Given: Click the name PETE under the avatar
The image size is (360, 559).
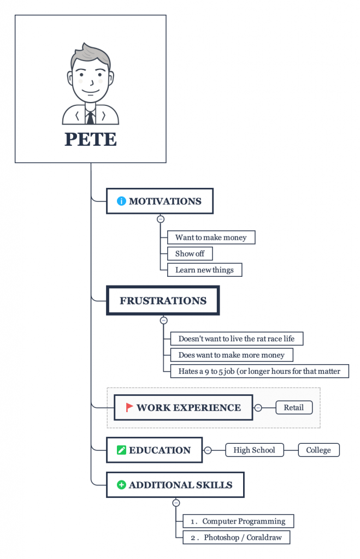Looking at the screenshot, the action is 90,139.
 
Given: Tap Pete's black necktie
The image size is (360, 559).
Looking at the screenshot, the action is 90,117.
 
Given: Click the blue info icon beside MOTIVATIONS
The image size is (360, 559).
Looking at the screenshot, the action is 121,201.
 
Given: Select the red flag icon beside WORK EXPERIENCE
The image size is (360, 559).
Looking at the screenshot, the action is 129,407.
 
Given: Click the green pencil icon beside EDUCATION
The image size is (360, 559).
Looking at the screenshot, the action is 121,450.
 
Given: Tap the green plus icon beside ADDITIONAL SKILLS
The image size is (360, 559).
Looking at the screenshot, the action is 121,485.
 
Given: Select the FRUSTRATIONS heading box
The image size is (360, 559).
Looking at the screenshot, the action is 163,301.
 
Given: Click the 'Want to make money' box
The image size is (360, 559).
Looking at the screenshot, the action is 211,237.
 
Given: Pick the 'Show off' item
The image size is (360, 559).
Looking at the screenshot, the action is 190,254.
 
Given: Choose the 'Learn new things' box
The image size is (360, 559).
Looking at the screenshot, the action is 204,270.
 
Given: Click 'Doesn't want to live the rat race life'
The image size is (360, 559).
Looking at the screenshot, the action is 237,338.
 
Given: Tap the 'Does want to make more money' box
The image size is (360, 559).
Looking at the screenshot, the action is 232,355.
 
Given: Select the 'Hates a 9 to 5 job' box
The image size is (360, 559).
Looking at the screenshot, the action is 259,371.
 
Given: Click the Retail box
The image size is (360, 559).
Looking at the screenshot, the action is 294,407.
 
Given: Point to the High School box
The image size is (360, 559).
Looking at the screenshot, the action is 255,450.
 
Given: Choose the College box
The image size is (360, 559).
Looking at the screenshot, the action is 318,450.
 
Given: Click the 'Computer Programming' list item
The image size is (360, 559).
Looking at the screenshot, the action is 238,521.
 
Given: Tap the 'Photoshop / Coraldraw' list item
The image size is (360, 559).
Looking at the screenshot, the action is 236,538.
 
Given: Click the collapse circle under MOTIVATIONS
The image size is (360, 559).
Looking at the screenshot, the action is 161,219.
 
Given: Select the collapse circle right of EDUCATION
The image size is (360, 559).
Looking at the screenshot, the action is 208,450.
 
